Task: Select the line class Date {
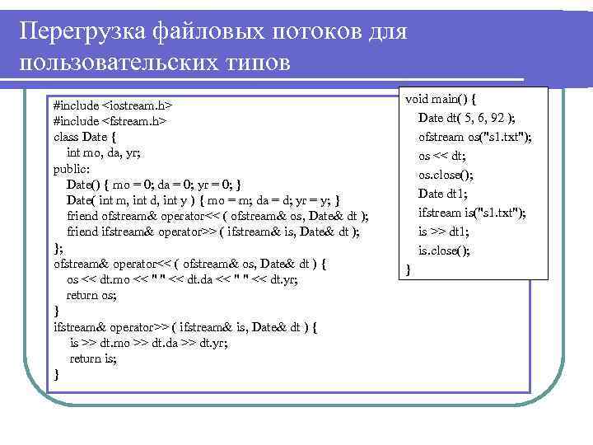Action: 85,137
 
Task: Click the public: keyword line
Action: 71,168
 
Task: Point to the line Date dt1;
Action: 443,194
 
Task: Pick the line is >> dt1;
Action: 442,232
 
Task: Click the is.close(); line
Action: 444,251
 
